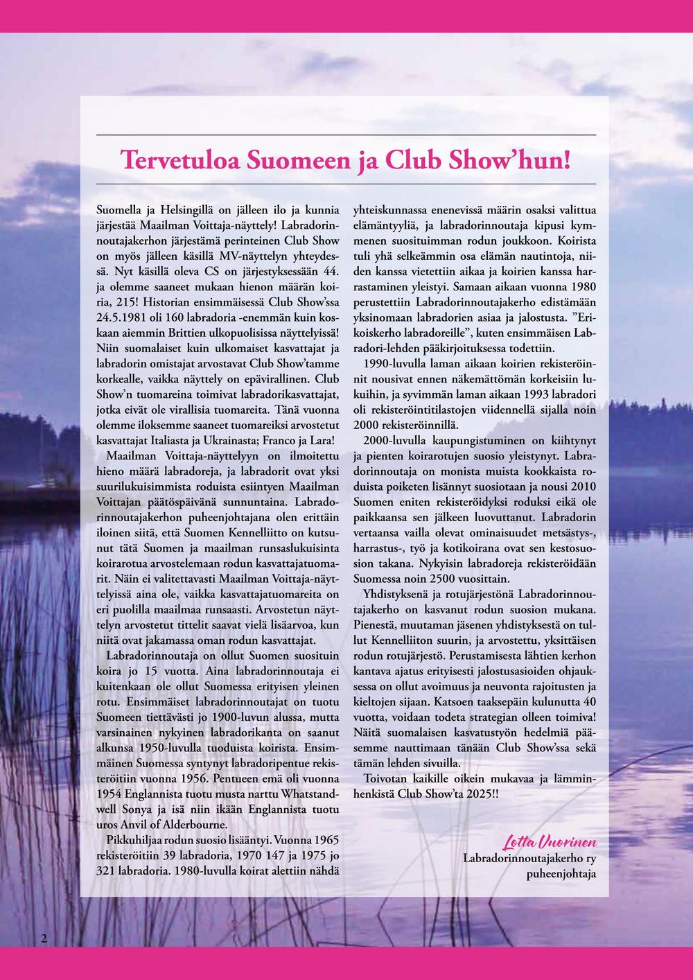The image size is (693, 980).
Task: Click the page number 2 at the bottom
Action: pyautogui.click(x=44, y=938)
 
